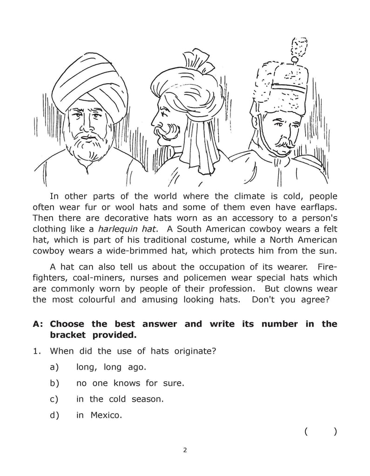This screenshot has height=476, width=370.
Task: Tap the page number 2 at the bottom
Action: tap(185, 450)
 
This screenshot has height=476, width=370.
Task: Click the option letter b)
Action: tap(54, 383)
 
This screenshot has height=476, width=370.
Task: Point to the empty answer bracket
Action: tap(321, 431)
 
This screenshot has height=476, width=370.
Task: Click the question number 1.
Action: tap(37, 351)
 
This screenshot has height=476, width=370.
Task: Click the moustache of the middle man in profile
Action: tap(168, 132)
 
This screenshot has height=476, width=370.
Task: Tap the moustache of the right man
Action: tap(283, 142)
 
